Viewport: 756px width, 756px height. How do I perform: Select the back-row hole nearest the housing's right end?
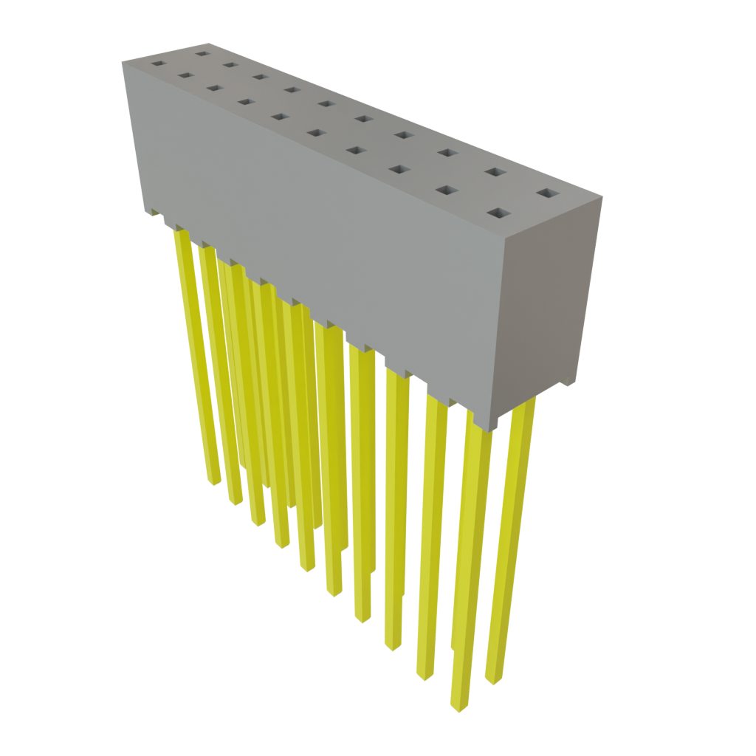(x=548, y=193)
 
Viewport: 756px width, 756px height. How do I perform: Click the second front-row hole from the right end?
(x=447, y=190)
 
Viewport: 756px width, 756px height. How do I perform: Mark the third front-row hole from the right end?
(x=399, y=170)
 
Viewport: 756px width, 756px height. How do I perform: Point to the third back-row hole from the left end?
(x=258, y=75)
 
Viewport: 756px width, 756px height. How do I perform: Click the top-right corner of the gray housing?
(x=602, y=196)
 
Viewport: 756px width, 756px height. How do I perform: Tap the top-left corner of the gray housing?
(x=123, y=62)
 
